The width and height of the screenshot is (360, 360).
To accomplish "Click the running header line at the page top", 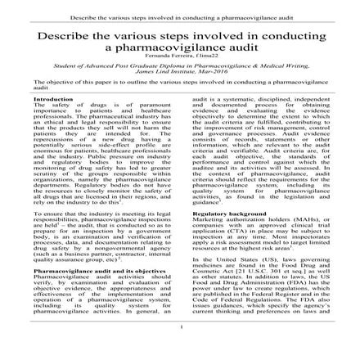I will [x=179, y=16].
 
